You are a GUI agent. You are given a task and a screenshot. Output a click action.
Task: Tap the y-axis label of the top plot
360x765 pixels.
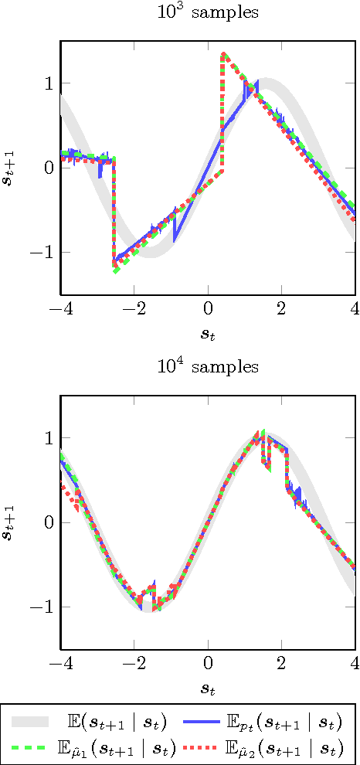pos(11,168)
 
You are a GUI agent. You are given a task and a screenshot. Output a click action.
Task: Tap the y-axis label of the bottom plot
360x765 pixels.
pos(11,522)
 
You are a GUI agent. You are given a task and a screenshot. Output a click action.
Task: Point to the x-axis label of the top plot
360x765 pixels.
pos(208,335)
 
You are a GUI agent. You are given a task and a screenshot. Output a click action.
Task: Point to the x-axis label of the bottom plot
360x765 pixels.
pos(208,689)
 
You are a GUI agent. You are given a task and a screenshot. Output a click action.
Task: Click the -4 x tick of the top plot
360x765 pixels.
pos(59,310)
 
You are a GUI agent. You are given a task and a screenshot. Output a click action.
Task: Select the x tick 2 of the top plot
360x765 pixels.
pos(281,310)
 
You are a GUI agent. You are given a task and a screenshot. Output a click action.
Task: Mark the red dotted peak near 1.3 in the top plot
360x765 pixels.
pos(223,54)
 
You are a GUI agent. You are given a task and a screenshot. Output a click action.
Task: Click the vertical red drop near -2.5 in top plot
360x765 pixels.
pos(114,209)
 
